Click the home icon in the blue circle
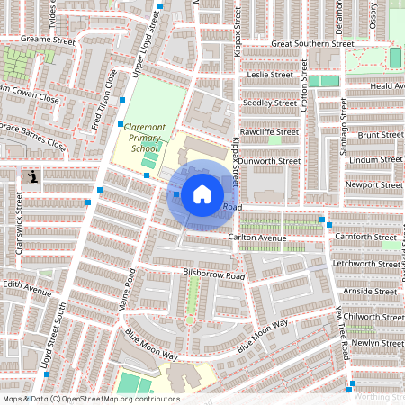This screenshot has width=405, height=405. [202, 193]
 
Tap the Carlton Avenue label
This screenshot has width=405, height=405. [256, 237]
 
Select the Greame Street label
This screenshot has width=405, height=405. [48, 40]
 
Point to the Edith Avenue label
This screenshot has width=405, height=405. [26, 290]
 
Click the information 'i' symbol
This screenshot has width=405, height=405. [33, 176]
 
